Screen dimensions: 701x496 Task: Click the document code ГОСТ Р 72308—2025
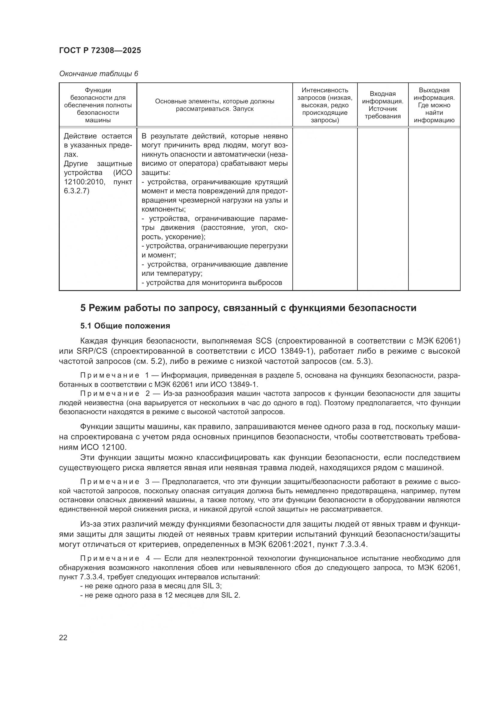click(100, 50)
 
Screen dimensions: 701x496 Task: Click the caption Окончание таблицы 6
click(98, 74)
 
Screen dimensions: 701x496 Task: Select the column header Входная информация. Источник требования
click(382, 105)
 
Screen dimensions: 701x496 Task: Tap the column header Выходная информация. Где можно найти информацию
click(434, 105)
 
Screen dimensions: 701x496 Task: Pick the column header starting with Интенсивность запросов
click(325, 105)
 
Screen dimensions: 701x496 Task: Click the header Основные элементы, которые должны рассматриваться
click(214, 105)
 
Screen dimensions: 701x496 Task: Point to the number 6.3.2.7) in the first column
click(77, 191)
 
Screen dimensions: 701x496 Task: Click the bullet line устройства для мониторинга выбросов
click(212, 282)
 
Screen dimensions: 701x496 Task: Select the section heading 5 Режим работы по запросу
click(248, 308)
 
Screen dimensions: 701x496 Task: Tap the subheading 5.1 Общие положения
click(125, 326)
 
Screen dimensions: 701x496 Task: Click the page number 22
click(63, 637)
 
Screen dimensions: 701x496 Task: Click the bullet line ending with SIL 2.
click(160, 595)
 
